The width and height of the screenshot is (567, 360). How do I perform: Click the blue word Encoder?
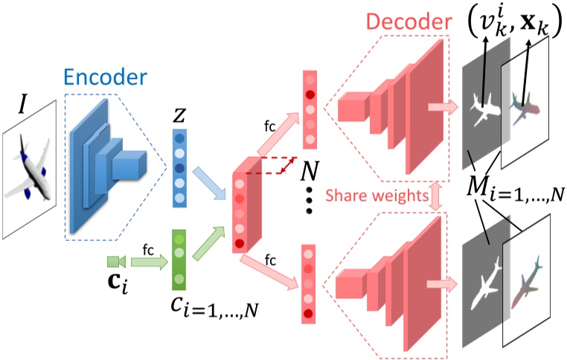(x=105, y=77)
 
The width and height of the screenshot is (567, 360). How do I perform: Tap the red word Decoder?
(x=409, y=22)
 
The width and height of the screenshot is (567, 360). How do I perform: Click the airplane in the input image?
(x=28, y=167)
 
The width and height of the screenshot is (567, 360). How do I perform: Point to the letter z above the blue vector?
(x=179, y=116)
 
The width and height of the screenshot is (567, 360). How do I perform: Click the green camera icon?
(x=116, y=262)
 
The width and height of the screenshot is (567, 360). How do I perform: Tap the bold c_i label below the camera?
(x=118, y=283)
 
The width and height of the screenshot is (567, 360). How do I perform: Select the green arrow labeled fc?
(x=150, y=262)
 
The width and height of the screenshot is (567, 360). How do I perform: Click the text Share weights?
(x=377, y=196)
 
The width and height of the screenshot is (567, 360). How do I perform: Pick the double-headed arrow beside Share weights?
(x=435, y=196)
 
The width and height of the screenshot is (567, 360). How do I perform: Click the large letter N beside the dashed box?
(x=310, y=170)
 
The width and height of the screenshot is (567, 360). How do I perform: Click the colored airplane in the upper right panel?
(x=524, y=109)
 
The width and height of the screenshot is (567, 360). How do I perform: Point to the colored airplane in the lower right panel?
(x=526, y=283)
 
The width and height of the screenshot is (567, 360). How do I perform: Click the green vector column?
(x=179, y=260)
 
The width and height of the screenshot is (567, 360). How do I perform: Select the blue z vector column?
(x=179, y=168)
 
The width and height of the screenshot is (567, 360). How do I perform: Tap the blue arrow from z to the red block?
(x=210, y=183)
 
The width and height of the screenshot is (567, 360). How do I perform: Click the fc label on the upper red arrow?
(x=269, y=126)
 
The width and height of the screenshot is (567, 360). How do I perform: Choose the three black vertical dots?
(x=309, y=201)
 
